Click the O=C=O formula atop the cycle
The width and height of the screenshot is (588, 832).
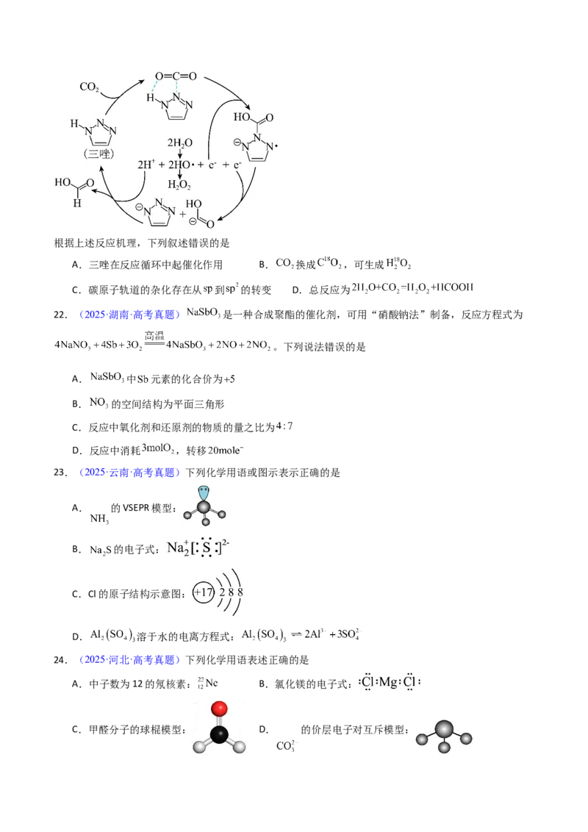point(176,76)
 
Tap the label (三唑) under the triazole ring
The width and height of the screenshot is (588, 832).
point(99,154)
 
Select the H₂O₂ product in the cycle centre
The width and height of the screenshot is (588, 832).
point(179,184)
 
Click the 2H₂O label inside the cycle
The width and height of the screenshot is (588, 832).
point(180,143)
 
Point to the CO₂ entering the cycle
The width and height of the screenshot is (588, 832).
point(89,87)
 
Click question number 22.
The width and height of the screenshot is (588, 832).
point(61,315)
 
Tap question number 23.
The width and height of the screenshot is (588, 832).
point(61,473)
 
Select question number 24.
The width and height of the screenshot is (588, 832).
point(61,660)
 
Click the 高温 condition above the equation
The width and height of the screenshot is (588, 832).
point(154,335)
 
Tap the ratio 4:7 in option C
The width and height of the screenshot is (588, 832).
point(284,426)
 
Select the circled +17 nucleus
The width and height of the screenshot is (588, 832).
point(204,592)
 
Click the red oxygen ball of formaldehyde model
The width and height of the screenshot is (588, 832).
point(218,709)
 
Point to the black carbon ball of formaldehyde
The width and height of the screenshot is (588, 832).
point(218,735)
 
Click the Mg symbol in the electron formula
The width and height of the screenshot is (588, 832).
point(388,682)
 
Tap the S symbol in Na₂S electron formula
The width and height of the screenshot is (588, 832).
point(207,548)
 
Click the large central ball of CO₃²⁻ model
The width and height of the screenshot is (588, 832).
point(444,730)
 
